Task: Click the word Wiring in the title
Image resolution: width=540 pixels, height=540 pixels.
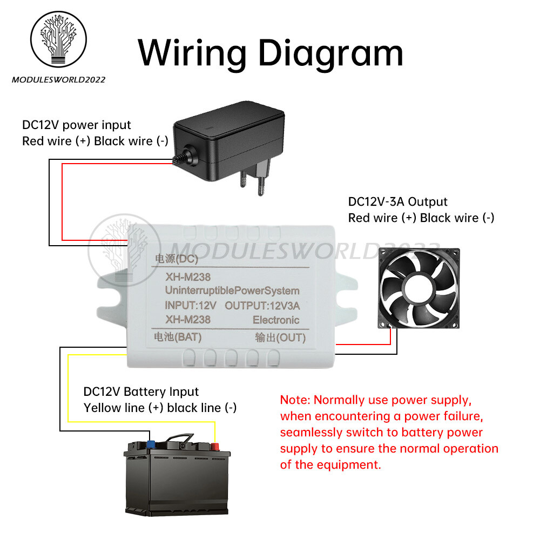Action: pyautogui.click(x=192, y=53)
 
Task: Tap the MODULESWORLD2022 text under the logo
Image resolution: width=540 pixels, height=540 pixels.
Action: pyautogui.click(x=58, y=80)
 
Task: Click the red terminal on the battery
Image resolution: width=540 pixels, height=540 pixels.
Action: pyautogui.click(x=215, y=446)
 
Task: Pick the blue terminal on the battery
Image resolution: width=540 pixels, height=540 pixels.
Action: pyautogui.click(x=151, y=444)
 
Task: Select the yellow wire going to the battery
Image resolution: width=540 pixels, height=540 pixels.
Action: pyautogui.click(x=69, y=389)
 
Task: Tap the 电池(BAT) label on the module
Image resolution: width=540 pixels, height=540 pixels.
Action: pyautogui.click(x=174, y=337)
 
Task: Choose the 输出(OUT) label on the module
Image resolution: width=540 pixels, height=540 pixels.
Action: pyautogui.click(x=280, y=338)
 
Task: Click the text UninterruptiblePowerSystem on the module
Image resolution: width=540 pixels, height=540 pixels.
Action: pyautogui.click(x=232, y=291)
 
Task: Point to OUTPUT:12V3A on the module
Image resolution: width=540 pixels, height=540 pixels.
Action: pyautogui.click(x=262, y=306)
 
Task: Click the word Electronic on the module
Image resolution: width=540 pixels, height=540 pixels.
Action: pyautogui.click(x=276, y=320)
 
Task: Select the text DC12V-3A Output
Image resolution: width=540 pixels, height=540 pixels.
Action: pyautogui.click(x=398, y=202)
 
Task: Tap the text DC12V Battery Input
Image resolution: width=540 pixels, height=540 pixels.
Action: pyautogui.click(x=141, y=391)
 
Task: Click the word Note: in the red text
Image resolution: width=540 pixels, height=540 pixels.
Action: pyautogui.click(x=295, y=400)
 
